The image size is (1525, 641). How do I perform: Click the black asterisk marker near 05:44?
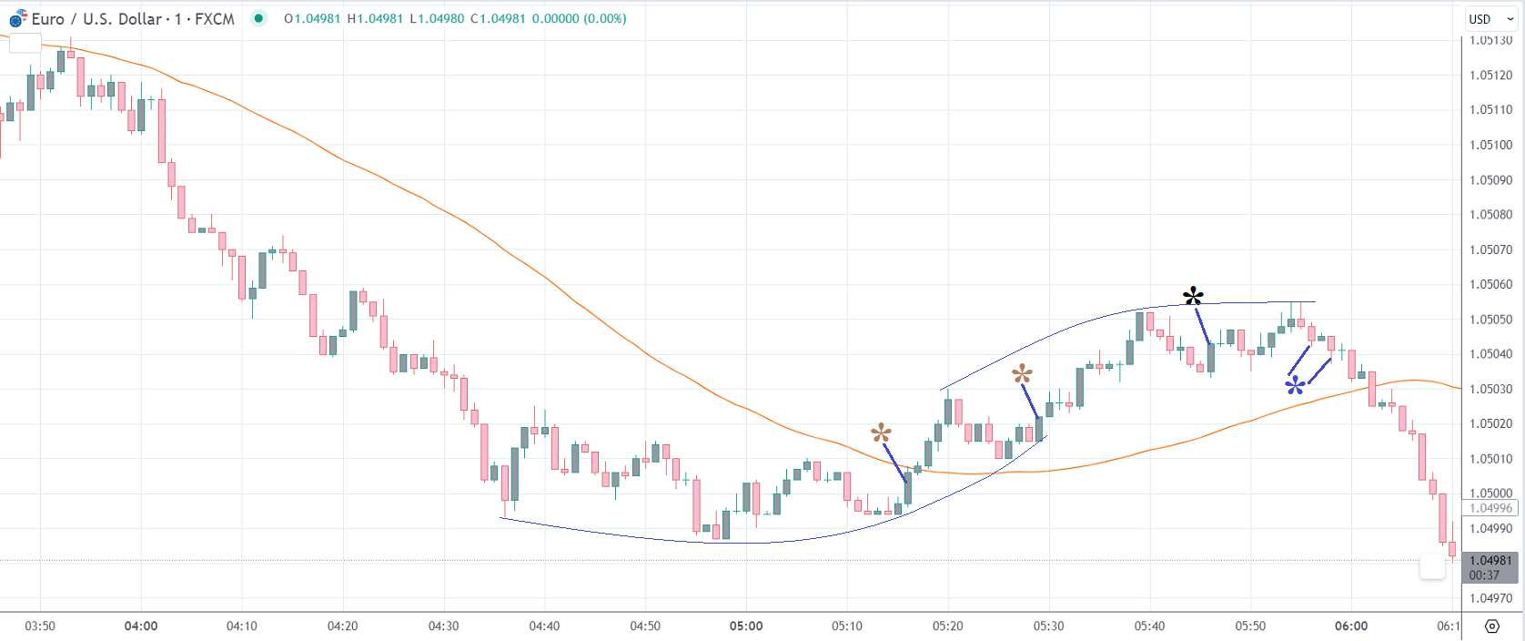(x=1193, y=297)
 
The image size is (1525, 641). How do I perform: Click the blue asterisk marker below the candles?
(x=1295, y=386)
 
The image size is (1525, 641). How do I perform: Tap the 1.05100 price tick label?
(x=1490, y=145)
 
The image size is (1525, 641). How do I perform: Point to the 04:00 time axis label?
(x=141, y=626)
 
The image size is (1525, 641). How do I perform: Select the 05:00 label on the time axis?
(x=746, y=626)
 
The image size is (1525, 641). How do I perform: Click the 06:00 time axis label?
(x=1351, y=626)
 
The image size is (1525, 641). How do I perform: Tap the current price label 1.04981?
(x=1490, y=561)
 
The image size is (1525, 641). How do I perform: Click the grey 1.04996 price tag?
(x=1490, y=508)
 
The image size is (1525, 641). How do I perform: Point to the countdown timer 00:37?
(x=1484, y=575)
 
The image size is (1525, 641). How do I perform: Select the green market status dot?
(x=259, y=18)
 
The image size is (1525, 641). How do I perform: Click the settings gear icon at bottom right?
(x=1492, y=626)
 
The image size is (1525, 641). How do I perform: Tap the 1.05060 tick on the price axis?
(x=1490, y=284)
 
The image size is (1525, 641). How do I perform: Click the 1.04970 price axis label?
(x=1490, y=598)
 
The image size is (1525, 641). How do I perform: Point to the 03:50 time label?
(x=40, y=626)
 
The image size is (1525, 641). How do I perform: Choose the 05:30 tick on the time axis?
(x=1048, y=626)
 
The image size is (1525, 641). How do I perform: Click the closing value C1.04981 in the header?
(x=498, y=18)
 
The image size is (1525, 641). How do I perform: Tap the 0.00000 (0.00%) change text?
(x=579, y=18)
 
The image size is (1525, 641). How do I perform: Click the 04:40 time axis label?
(x=544, y=626)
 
